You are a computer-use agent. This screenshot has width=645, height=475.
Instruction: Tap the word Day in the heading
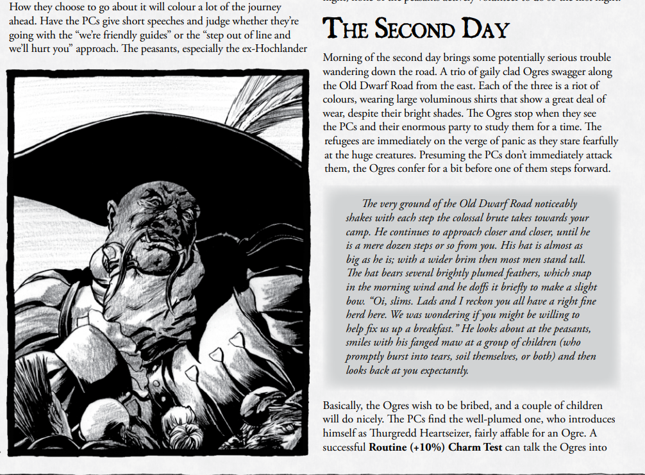click(x=483, y=29)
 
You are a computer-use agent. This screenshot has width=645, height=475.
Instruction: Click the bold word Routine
click(x=388, y=448)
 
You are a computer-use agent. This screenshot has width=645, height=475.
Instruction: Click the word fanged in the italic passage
click(x=416, y=343)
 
